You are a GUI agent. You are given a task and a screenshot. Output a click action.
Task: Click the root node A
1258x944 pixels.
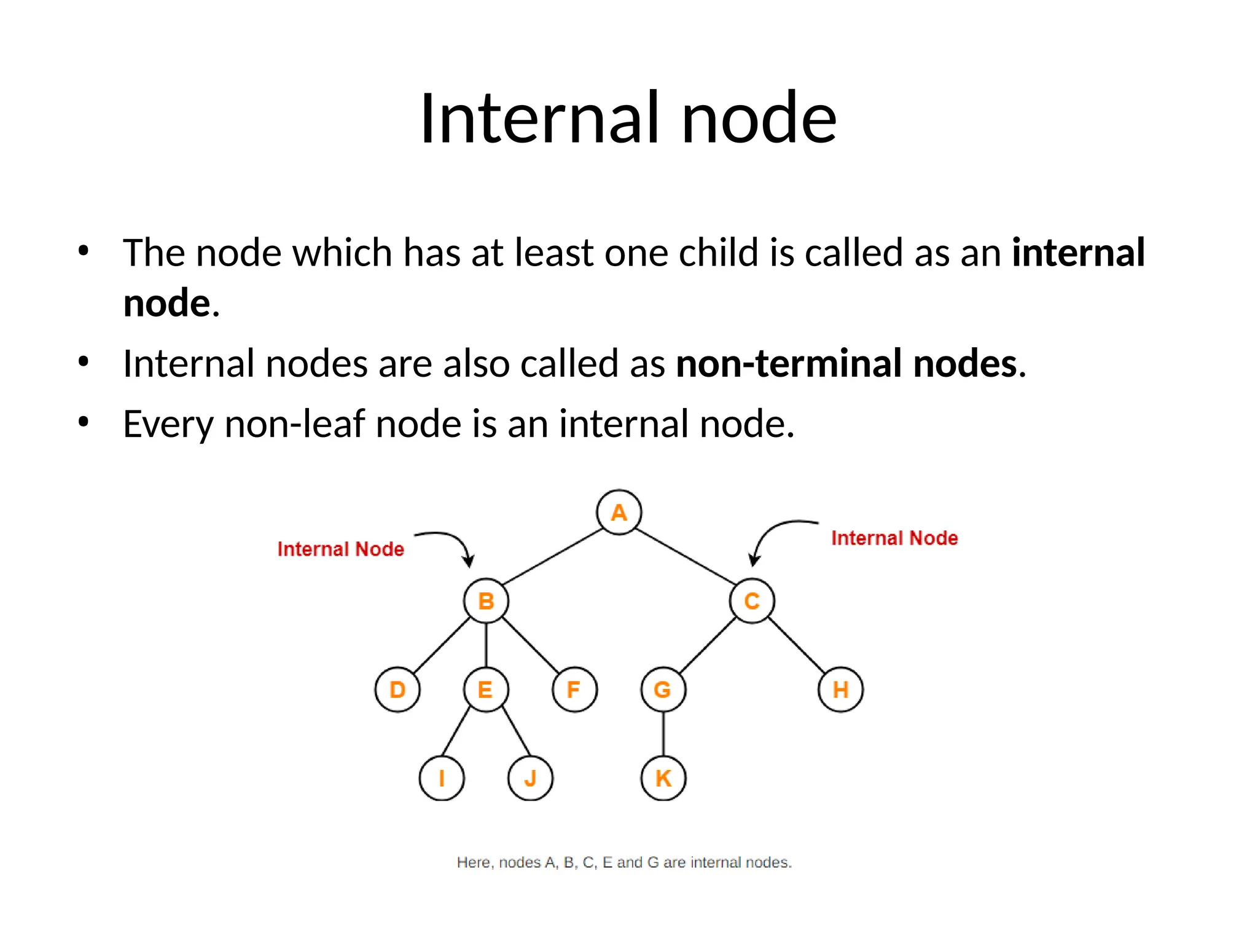(619, 512)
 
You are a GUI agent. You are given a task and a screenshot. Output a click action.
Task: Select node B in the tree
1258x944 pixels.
(486, 600)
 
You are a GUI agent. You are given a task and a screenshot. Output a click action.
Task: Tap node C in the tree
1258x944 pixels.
(752, 600)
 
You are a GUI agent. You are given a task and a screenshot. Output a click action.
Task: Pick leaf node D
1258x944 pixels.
(397, 690)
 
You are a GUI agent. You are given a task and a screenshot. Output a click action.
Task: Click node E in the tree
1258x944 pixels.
(486, 690)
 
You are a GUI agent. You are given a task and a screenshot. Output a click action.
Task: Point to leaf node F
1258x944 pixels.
(574, 690)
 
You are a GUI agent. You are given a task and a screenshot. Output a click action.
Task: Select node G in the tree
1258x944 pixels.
(663, 690)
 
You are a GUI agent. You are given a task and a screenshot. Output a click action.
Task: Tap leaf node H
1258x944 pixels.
(840, 690)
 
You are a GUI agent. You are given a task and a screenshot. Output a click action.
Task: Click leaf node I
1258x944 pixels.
(442, 778)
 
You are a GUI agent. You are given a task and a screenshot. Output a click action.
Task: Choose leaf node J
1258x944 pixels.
(530, 778)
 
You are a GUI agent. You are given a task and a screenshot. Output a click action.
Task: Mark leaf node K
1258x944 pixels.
(663, 778)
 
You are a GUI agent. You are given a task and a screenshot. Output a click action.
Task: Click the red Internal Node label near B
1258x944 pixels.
(340, 549)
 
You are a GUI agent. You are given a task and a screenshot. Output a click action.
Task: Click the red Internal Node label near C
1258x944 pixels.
(894, 538)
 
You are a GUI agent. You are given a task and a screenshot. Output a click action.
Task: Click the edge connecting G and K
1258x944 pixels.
(663, 734)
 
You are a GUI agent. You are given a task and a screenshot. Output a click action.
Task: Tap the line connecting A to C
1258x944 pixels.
(686, 556)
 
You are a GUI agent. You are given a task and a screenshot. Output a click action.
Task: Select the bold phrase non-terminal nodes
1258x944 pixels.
(846, 363)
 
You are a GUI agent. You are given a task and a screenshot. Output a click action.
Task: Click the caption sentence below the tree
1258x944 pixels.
(624, 862)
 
